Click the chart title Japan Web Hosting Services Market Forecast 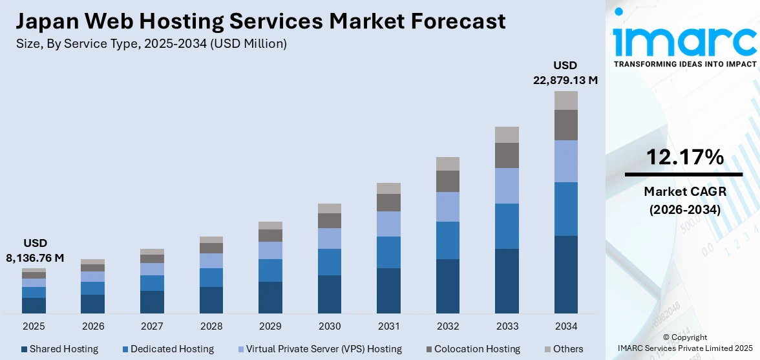pos(260,21)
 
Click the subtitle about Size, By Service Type pos(151,44)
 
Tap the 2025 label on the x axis pos(34,326)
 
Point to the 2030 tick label pos(329,326)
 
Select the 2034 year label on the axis pos(565,326)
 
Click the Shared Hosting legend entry pos(59,349)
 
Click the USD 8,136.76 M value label pos(36,251)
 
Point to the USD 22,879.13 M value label pos(565,72)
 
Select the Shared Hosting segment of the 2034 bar pos(565,275)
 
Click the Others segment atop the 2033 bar pos(507,134)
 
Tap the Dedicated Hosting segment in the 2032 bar pos(447,240)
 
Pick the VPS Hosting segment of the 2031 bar pos(388,224)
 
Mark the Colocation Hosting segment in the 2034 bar pos(565,125)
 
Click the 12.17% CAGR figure pos(684,157)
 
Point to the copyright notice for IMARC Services pos(684,343)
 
